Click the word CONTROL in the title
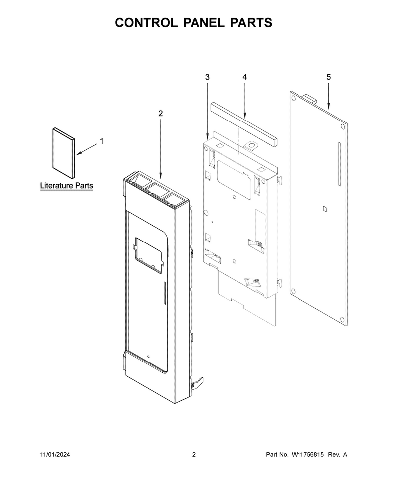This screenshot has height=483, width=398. (146, 23)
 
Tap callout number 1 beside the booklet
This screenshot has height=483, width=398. (102, 141)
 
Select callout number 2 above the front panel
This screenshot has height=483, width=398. (160, 113)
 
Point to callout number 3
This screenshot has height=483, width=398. (207, 77)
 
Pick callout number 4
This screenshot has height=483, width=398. (244, 77)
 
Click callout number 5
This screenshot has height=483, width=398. (328, 77)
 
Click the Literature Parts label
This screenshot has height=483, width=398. (67, 185)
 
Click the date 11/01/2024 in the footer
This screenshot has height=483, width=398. (55, 454)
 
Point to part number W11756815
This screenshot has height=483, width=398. (307, 454)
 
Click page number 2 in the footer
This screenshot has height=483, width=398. (194, 454)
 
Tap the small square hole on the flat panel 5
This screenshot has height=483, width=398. (324, 209)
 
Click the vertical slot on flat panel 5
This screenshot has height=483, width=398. (339, 164)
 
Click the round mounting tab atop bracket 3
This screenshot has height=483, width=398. (251, 145)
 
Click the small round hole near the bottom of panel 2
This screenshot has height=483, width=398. (149, 358)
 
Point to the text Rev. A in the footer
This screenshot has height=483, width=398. (337, 454)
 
